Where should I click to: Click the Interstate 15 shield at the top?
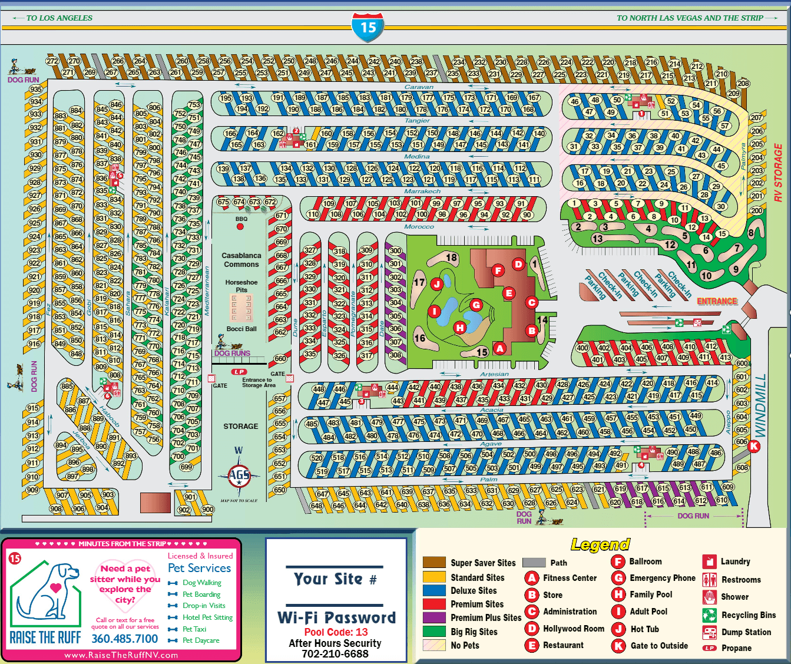click(368, 27)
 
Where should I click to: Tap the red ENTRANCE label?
click(717, 301)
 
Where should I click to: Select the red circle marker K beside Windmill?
click(753, 446)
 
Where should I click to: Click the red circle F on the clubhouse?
click(498, 270)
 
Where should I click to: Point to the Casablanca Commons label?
click(241, 260)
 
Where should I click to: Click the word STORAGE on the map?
click(240, 426)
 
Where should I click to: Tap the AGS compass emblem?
click(239, 475)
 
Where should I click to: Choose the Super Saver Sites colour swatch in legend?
click(434, 562)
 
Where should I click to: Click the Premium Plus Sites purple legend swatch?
click(434, 617)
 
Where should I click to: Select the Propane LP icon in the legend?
click(709, 648)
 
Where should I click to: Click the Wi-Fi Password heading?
click(336, 617)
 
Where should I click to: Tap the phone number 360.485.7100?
click(125, 639)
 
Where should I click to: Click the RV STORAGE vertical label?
click(778, 173)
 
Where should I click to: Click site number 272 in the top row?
click(52, 61)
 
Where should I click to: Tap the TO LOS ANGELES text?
click(59, 18)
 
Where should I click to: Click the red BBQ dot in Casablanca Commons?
click(240, 226)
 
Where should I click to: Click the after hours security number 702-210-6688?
click(335, 653)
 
